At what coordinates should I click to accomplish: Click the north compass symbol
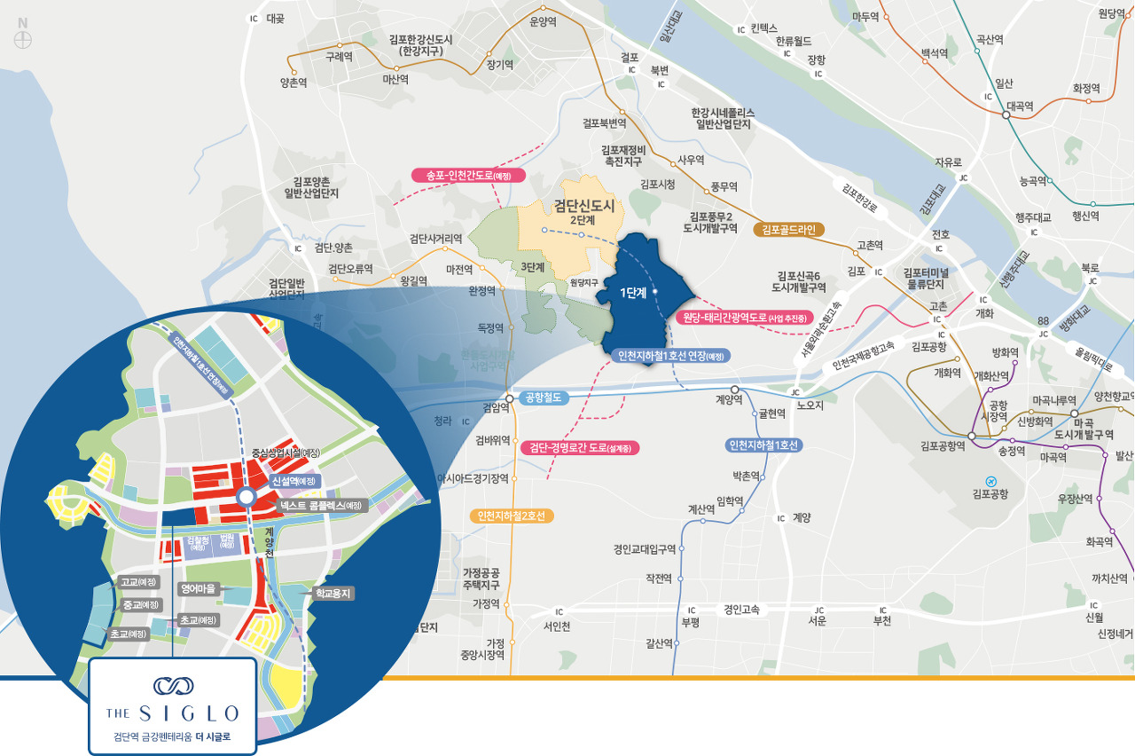[23, 38]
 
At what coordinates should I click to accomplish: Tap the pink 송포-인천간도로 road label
[468, 175]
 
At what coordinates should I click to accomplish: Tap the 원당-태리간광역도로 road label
[744, 317]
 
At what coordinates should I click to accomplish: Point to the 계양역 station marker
[734, 390]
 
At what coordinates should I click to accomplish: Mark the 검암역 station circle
[509, 398]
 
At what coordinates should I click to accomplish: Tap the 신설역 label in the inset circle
[294, 480]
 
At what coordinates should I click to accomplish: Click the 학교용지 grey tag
[329, 593]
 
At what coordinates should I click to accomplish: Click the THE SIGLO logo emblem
[172, 685]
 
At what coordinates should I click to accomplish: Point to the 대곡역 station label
[1019, 105]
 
